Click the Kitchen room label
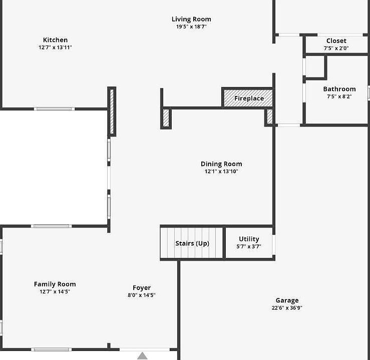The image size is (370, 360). [55, 40]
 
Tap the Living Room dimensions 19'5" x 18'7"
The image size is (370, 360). [191, 26]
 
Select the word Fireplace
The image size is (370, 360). [249, 98]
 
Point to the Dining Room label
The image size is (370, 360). [221, 163]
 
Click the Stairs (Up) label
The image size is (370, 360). [192, 243]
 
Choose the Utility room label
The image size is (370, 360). [249, 239]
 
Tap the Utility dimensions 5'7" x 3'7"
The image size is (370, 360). [249, 246]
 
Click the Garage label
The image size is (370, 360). [287, 300]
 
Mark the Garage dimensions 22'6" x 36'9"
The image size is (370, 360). [287, 307]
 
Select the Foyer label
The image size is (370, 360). [142, 287]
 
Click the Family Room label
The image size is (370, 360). [55, 284]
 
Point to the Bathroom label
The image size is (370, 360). [339, 89]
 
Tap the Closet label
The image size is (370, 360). [336, 41]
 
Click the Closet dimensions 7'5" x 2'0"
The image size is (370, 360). [336, 48]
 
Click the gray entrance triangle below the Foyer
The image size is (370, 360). [142, 356]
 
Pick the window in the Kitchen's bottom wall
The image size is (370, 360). [54, 109]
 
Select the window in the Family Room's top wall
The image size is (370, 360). [52, 226]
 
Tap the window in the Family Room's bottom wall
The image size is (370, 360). [52, 349]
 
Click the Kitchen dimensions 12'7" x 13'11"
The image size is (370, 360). [55, 47]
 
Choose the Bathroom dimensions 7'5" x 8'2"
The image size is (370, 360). [339, 96]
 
